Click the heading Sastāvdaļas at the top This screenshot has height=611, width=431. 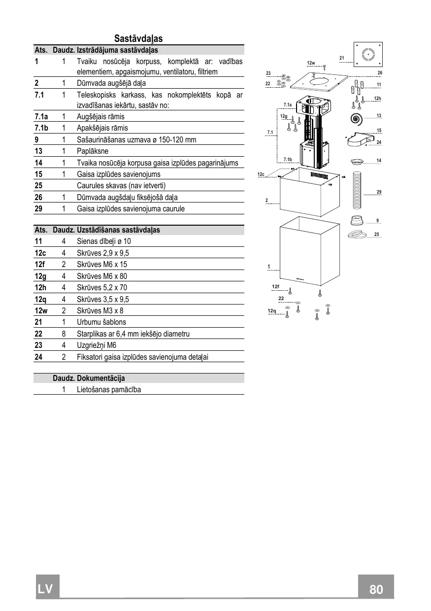pos(138,38)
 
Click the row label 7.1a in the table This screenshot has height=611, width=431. pos(41,117)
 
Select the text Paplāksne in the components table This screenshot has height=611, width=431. pos(93,151)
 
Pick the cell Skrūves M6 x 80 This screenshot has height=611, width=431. pos(102,276)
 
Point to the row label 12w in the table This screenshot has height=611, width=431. pos(41,311)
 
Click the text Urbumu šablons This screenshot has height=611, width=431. pos(101,322)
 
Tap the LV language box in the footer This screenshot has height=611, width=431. pos(47,588)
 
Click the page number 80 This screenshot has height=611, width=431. pos(376,589)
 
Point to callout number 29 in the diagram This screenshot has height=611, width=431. pos(379,192)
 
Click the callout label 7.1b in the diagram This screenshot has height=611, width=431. pos(288,159)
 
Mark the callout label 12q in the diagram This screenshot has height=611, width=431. pos(272,311)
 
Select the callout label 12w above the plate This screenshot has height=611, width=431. pos(311,63)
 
